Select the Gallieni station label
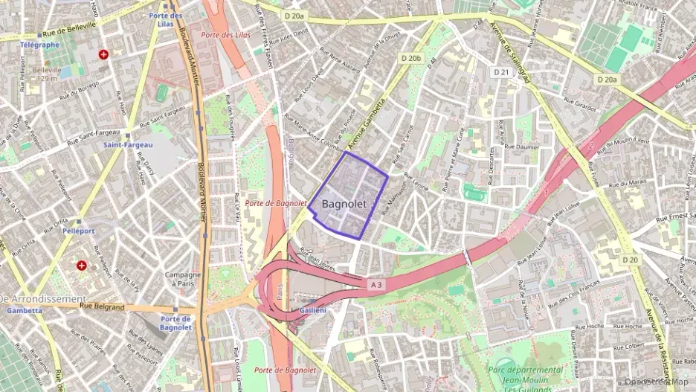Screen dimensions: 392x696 tap(312, 309)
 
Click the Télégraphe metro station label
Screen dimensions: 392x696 tap(39, 45)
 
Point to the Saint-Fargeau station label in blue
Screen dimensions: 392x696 tap(127, 144)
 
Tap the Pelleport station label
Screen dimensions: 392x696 tap(78, 231)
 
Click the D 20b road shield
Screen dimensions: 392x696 tap(410, 57)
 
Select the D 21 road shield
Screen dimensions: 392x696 tap(501, 72)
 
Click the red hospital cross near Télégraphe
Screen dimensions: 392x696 tap(103, 54)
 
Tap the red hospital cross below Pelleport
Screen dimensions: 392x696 tap(82, 265)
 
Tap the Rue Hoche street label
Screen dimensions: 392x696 tap(590, 326)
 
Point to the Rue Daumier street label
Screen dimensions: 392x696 tap(522, 147)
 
